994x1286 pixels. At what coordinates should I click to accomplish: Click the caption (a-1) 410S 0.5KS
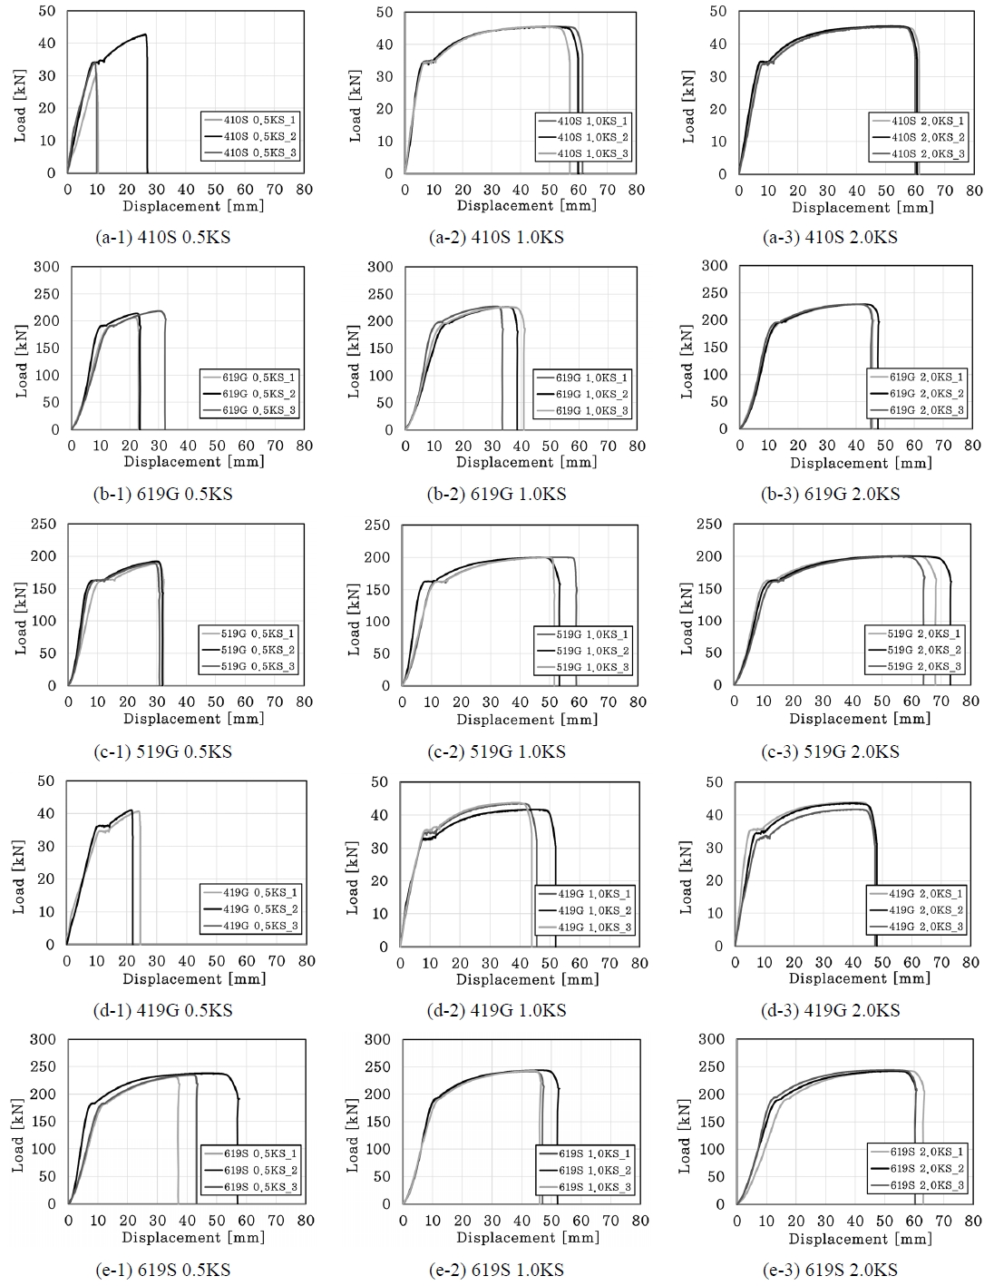(163, 238)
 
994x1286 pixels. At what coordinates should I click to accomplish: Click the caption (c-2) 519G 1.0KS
(496, 751)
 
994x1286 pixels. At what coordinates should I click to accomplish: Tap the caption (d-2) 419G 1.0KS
(496, 1010)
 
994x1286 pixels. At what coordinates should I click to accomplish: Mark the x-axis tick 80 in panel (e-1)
(305, 1221)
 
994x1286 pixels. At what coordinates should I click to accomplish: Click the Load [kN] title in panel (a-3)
(688, 106)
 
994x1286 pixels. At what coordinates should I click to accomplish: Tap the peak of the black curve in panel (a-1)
(144, 34)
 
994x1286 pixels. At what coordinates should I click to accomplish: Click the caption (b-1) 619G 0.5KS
(163, 495)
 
